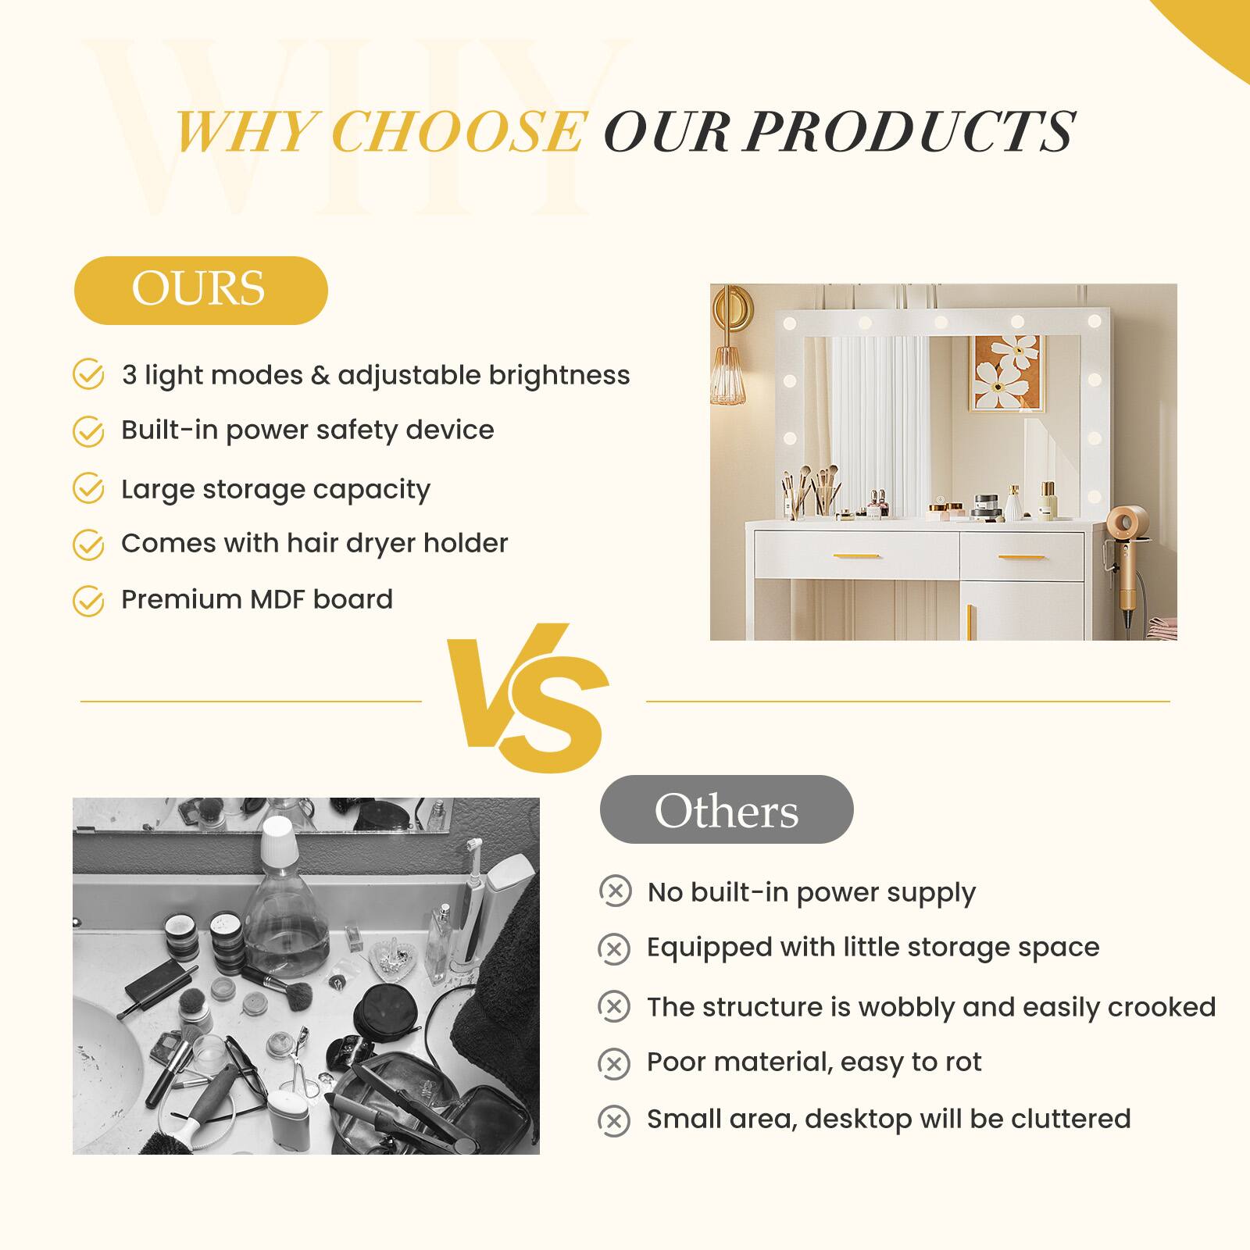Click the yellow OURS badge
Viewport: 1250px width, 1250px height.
click(x=200, y=290)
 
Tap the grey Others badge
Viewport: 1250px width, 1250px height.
click(x=726, y=809)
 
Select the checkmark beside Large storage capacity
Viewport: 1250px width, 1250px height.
click(x=88, y=489)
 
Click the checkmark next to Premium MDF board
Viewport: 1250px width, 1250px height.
click(x=88, y=601)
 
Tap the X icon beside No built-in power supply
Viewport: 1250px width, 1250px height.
click(x=615, y=891)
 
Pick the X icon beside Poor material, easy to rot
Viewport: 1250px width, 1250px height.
click(x=614, y=1063)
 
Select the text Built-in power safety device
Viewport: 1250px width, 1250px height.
click(x=307, y=430)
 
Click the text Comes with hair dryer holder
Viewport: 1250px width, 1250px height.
click(x=314, y=543)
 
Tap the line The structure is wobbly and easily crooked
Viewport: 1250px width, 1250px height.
click(x=930, y=1007)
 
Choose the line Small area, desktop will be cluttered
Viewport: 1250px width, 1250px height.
click(x=888, y=1119)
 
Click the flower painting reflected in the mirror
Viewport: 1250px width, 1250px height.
click(x=1006, y=373)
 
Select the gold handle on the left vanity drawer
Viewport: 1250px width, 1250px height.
click(x=856, y=556)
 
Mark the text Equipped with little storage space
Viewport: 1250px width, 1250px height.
click(x=873, y=948)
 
